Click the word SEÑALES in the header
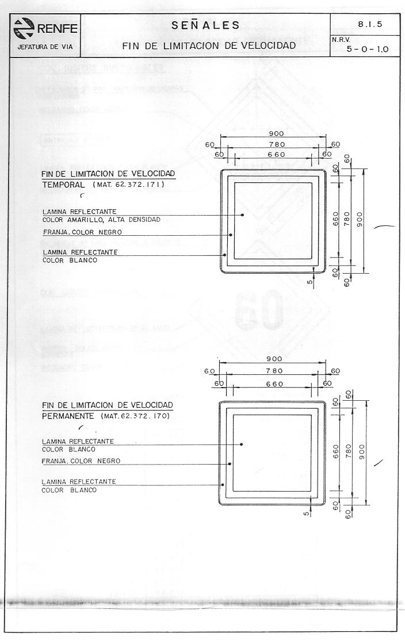pyautogui.click(x=205, y=25)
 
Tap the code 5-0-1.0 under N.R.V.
pyautogui.click(x=367, y=49)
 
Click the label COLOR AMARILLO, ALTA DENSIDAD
pyautogui.click(x=101, y=220)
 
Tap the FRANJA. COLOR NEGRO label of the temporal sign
pyautogui.click(x=82, y=232)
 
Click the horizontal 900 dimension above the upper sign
pyautogui.click(x=273, y=133)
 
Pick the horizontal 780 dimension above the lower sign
pyautogui.click(x=274, y=371)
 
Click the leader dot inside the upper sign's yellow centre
pyautogui.click(x=243, y=214)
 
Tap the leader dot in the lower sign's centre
pyautogui.click(x=242, y=444)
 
